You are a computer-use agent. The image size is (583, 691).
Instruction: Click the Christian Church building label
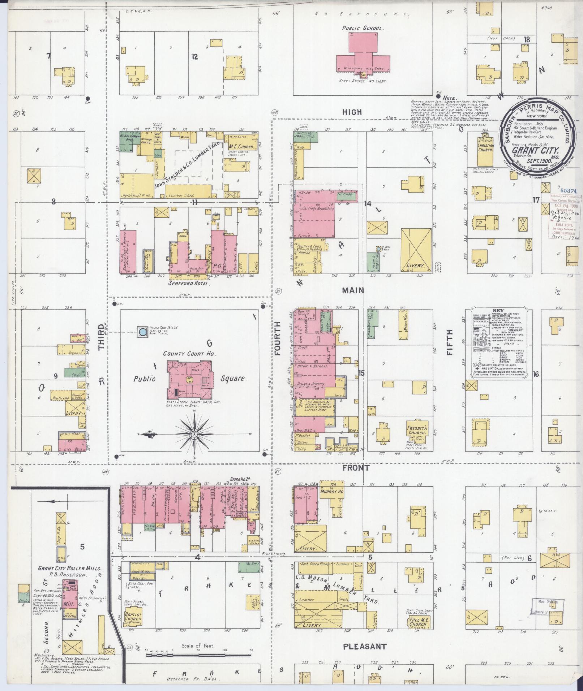pyautogui.click(x=485, y=147)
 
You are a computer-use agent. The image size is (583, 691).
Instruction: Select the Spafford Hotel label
pyautogui.click(x=189, y=284)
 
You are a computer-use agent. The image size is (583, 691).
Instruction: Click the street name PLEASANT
pyautogui.click(x=364, y=647)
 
